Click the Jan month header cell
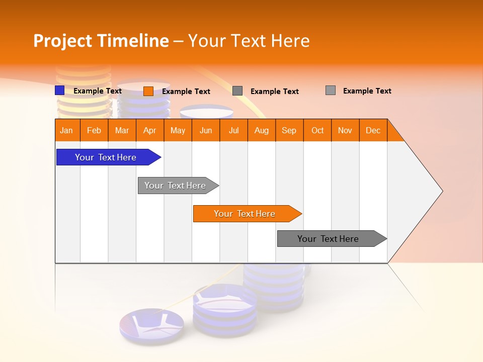[67, 130]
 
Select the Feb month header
[94, 130]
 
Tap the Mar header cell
[122, 130]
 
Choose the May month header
[178, 130]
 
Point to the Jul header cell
[233, 130]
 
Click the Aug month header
[262, 130]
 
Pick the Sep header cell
[289, 130]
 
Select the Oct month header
[317, 130]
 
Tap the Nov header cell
[345, 130]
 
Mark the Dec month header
[373, 130]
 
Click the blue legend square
[59, 90]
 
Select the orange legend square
[148, 91]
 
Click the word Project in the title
[63, 41]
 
